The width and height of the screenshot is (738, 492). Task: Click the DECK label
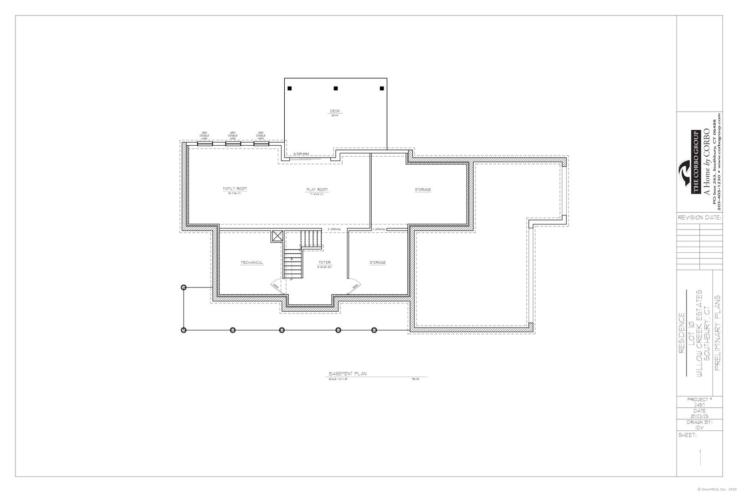pyautogui.click(x=335, y=111)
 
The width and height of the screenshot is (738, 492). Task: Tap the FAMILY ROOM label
pyautogui.click(x=235, y=189)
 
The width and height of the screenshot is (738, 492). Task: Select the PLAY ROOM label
pyautogui.click(x=316, y=190)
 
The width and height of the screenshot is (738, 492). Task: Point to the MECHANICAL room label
pyautogui.click(x=252, y=262)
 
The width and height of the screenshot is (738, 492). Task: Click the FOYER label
pyautogui.click(x=325, y=263)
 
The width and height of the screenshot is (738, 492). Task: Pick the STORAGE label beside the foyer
pyautogui.click(x=378, y=262)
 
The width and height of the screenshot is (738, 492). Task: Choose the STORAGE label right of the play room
pyautogui.click(x=423, y=190)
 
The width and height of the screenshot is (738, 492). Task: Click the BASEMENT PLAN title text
pyautogui.click(x=348, y=374)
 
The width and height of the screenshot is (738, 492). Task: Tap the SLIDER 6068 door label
pyautogui.click(x=301, y=154)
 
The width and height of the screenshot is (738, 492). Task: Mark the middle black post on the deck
pyautogui.click(x=335, y=88)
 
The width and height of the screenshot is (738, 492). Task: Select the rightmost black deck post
pyautogui.click(x=382, y=88)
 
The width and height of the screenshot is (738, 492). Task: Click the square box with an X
pyautogui.click(x=277, y=235)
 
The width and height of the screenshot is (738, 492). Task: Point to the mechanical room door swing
pyautogui.click(x=275, y=286)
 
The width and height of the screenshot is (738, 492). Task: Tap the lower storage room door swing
pyautogui.click(x=354, y=286)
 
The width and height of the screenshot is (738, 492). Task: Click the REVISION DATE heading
pyautogui.click(x=699, y=218)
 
